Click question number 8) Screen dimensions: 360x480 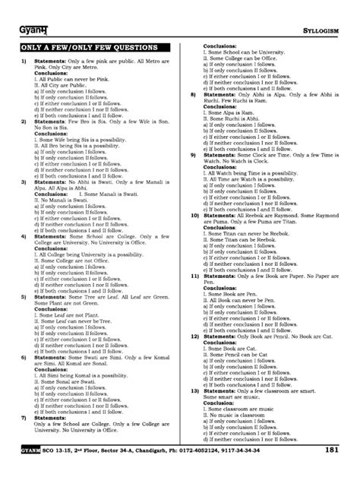[194, 94]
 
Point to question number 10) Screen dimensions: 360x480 [195, 215]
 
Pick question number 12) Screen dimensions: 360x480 [195, 334]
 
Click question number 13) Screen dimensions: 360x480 [195, 390]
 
